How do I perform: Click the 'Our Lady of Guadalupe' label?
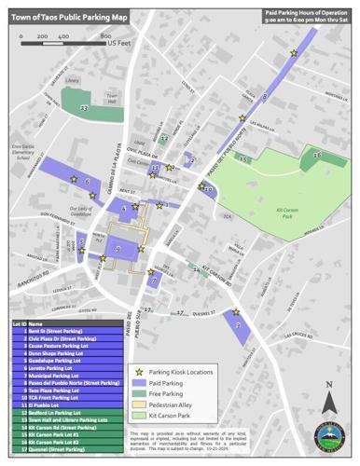click(x=71, y=211)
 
